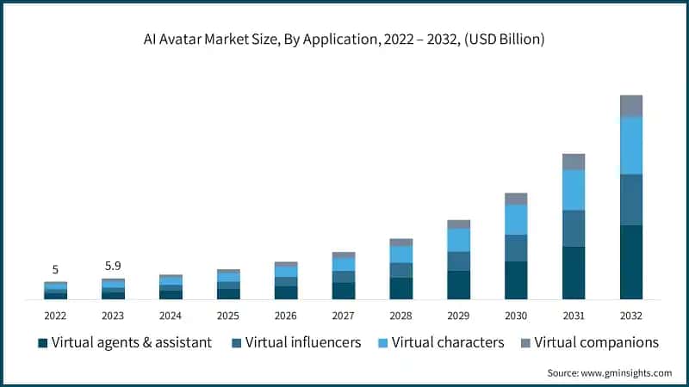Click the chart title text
coord(344,39)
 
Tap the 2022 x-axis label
coord(55,316)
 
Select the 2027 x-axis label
coord(344,316)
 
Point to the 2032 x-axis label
coord(631,316)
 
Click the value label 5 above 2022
coord(55,269)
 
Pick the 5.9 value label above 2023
coord(113,266)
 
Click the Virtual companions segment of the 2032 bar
coord(631,106)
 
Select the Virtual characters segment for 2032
coord(631,145)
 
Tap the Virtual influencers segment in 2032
coord(631,200)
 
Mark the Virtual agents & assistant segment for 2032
coord(631,262)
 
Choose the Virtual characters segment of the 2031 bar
coord(574,189)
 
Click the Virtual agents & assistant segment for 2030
coord(516,280)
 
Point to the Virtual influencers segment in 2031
coord(574,228)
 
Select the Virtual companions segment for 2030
coord(516,199)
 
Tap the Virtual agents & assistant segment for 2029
coord(458,285)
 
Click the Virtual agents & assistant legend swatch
coord(42,343)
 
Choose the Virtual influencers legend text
coord(302,342)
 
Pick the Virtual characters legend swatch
coord(382,343)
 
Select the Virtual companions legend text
coord(596,342)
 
